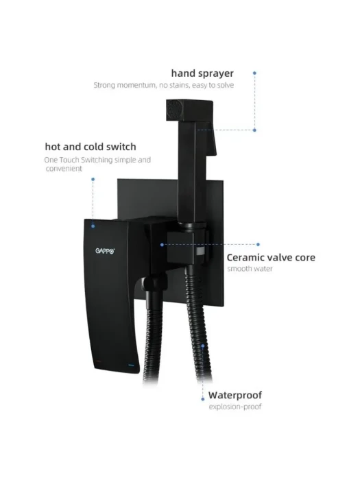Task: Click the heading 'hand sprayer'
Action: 202,73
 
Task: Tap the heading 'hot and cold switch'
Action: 91,147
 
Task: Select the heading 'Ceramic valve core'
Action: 271,257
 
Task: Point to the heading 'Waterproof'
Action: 235,395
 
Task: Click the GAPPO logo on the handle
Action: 106,251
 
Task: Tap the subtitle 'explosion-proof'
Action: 235,407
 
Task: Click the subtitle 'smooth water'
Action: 250,269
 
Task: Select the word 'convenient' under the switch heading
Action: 64,169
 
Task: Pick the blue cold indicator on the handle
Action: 131,365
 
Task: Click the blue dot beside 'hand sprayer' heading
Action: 254,73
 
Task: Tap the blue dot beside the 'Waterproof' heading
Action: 203,399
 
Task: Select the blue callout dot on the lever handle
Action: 93,226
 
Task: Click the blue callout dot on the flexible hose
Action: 203,346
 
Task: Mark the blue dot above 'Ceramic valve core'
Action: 258,245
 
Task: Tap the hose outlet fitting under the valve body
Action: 156,284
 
